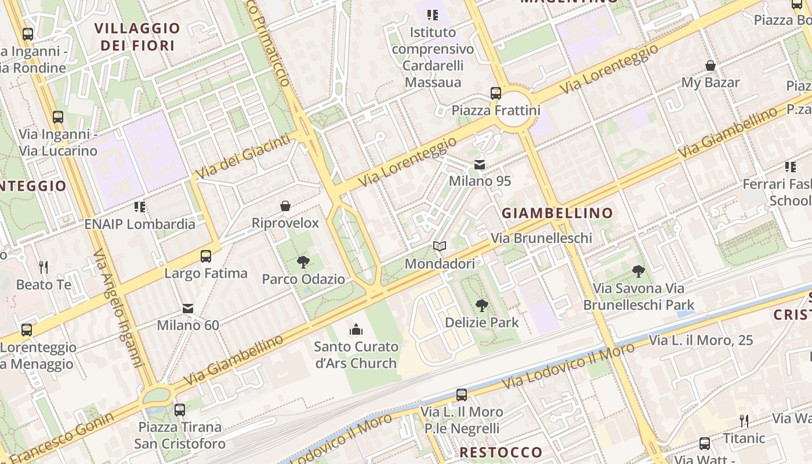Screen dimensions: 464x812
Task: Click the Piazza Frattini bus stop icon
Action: click(496, 93)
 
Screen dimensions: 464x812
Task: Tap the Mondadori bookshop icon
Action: click(440, 246)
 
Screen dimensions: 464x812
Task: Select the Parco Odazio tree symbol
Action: click(303, 262)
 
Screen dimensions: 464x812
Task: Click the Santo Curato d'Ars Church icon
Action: click(356, 330)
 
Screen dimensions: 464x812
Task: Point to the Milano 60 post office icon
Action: click(188, 309)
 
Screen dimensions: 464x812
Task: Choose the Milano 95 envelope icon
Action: click(480, 165)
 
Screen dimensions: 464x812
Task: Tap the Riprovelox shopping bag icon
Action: click(285, 206)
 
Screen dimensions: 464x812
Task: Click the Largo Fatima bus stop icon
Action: click(206, 256)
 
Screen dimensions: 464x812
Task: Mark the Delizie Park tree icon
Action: click(481, 305)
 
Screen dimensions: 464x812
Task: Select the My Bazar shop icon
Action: click(710, 66)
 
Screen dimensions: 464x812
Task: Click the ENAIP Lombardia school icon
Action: click(140, 206)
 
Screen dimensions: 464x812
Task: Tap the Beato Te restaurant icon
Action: click(43, 267)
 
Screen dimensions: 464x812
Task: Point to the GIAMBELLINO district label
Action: click(557, 213)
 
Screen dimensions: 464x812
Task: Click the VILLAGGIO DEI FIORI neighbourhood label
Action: click(137, 37)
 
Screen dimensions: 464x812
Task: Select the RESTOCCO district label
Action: click(501, 452)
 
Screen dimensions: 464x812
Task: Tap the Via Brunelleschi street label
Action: click(541, 238)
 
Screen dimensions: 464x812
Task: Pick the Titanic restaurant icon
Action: click(744, 420)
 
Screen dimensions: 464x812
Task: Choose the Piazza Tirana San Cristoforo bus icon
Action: click(180, 410)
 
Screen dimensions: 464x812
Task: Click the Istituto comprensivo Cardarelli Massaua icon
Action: click(433, 15)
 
